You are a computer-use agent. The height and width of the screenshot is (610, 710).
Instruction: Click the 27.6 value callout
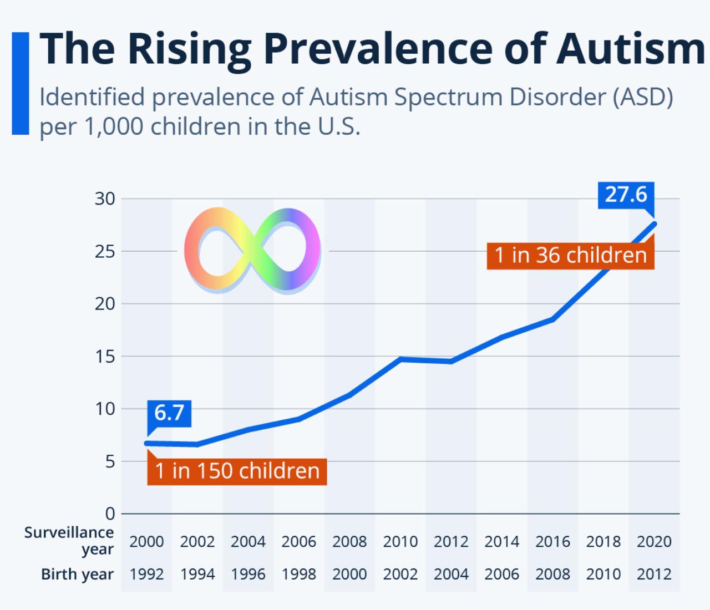pos(626,195)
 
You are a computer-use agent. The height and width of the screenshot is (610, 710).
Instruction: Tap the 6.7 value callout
pos(169,414)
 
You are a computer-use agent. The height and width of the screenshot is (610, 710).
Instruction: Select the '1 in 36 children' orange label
pos(571,256)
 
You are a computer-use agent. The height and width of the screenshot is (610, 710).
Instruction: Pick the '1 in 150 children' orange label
pos(237,471)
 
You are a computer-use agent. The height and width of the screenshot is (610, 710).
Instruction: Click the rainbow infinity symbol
pos(252,251)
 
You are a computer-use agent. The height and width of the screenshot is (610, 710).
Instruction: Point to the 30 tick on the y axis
pos(105,199)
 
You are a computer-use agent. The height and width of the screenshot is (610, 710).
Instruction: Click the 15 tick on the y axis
pos(105,357)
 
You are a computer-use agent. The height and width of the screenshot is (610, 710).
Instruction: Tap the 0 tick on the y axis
pos(110,514)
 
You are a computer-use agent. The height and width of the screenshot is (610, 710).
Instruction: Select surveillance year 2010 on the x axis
pos(400,542)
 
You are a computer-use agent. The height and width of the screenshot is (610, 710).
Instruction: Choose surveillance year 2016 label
pos(552,542)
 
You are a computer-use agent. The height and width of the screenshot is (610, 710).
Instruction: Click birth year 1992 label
pos(146,575)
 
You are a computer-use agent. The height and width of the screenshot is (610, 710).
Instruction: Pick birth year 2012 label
pos(654,575)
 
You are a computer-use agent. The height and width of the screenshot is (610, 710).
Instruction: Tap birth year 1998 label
pos(299,575)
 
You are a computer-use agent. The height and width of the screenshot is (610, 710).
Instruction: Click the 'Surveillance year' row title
pos(69,541)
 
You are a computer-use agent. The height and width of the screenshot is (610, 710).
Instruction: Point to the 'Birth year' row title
pos(77,575)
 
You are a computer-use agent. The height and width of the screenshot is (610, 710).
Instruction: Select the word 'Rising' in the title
pos(190,52)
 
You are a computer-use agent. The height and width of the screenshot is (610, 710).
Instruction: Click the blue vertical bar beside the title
pos(21,84)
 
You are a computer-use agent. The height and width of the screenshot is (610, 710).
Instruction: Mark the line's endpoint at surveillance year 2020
pos(654,224)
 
